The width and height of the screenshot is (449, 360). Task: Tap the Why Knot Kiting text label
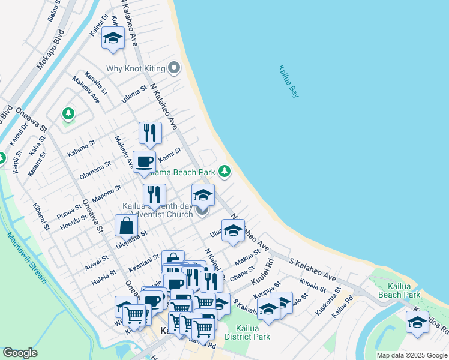coord(136,68)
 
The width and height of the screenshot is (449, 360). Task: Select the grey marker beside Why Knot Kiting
coord(175,68)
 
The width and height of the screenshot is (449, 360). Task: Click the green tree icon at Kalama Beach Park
coord(225,172)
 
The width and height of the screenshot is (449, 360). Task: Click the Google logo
coord(20,353)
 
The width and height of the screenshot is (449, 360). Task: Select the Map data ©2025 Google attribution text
coord(411,355)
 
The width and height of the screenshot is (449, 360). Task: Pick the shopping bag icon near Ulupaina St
coord(126,226)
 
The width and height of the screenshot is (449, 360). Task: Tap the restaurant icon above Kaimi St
coord(150,133)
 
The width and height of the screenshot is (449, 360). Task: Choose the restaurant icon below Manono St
coord(154,194)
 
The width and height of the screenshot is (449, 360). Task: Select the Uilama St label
coord(134,94)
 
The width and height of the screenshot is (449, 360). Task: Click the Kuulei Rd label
coord(262,271)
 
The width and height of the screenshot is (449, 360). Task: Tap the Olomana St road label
coord(95,170)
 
